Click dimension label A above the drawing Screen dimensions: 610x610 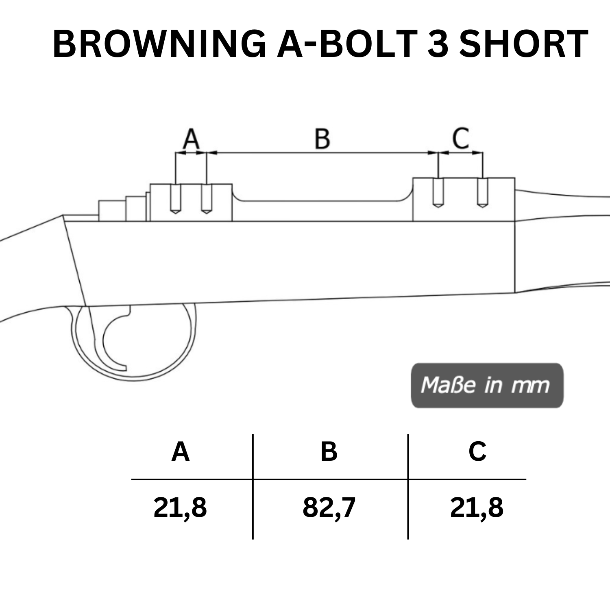(191, 139)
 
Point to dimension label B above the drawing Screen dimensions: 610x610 (322, 139)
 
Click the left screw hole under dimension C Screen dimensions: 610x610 (438, 193)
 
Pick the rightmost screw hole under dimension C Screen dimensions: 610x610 (482, 193)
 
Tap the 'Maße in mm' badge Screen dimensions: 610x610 (487, 385)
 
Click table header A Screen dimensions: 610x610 (181, 451)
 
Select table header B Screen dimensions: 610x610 (329, 451)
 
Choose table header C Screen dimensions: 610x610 (477, 451)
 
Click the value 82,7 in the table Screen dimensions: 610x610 (329, 508)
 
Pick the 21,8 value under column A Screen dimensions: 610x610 (180, 508)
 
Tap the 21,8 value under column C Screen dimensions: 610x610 (477, 508)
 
